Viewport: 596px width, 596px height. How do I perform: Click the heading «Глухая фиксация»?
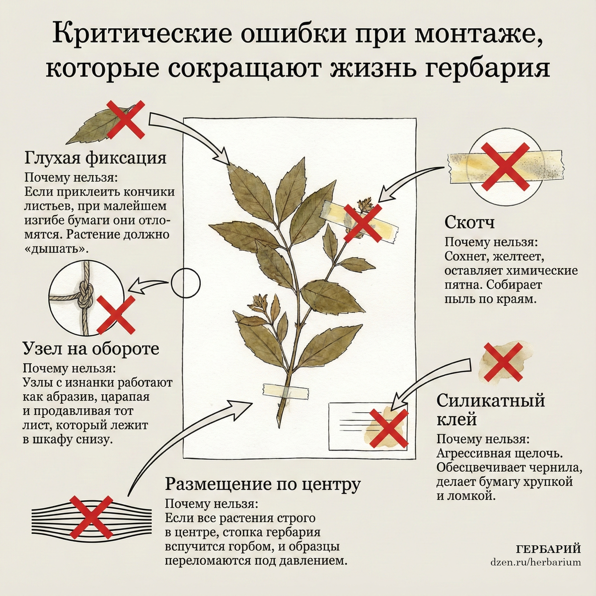[x=95, y=158]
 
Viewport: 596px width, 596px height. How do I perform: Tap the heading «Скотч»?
[x=469, y=223]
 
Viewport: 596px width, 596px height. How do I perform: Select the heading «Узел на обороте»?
[x=91, y=349]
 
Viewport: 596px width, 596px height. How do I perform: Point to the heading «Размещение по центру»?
[x=263, y=484]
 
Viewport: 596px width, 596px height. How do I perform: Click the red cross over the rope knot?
[x=116, y=314]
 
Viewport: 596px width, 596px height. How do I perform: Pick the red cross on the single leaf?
[x=125, y=119]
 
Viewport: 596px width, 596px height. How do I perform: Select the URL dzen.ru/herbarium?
[x=535, y=561]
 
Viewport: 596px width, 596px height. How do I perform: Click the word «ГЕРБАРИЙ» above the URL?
[x=548, y=549]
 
